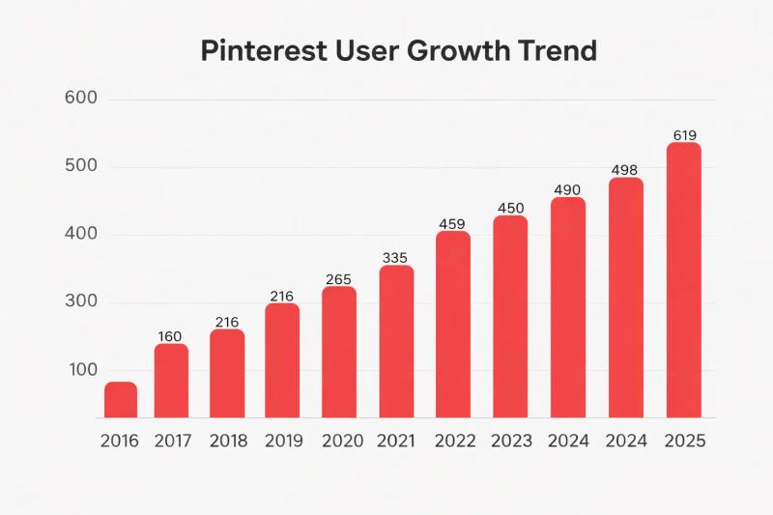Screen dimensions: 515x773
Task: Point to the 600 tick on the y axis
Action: pos(82,99)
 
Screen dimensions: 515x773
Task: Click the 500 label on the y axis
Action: pos(82,166)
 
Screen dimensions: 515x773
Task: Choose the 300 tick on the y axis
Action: pos(82,302)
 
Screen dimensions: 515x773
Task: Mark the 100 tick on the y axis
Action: pos(82,370)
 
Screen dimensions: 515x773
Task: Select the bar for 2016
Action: pos(120,400)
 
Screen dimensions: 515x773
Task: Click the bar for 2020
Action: pos(338,353)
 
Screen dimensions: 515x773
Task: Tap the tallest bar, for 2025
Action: pos(683,280)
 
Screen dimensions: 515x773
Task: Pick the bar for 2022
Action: pos(452,325)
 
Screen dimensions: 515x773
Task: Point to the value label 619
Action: pos(683,135)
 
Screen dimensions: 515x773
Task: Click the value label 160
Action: pos(169,336)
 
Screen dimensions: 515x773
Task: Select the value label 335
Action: pos(395,257)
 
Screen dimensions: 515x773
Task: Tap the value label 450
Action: pos(510,208)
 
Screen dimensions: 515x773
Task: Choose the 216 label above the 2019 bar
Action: pos(281,296)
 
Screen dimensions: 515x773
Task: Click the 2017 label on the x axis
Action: pos(172,442)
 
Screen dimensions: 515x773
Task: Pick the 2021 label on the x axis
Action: pos(395,442)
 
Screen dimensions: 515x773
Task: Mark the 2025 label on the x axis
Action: pos(685,442)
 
